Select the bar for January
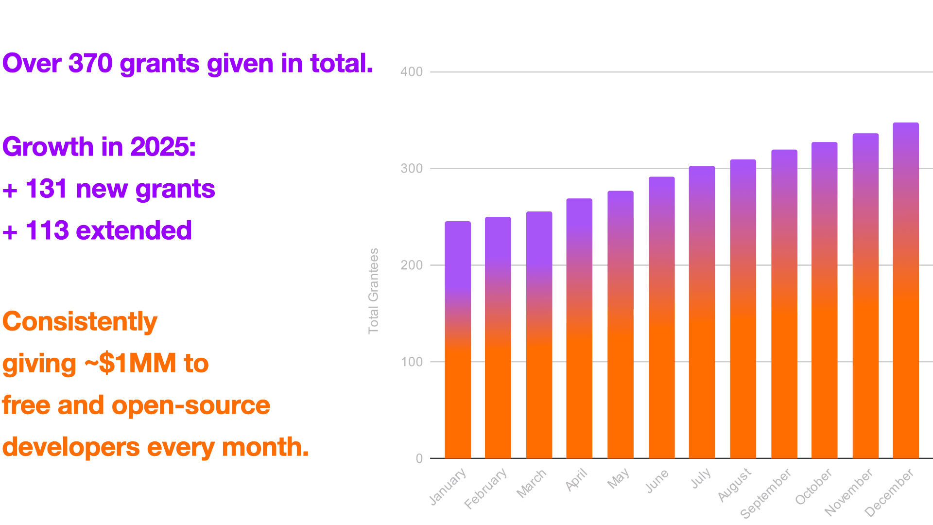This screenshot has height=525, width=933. click(458, 340)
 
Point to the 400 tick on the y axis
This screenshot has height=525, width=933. click(412, 72)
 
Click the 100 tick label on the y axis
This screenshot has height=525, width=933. click(412, 362)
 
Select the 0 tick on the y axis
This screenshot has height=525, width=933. click(419, 459)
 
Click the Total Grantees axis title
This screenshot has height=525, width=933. click(373, 291)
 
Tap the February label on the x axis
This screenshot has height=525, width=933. click(485, 489)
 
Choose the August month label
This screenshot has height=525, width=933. click(735, 485)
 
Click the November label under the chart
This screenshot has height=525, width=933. click(848, 492)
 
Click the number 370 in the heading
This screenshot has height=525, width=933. click(90, 63)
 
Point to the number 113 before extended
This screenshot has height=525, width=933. click(47, 230)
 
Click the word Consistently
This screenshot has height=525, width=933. click(80, 322)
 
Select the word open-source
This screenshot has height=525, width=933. click(190, 405)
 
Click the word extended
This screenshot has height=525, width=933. click(134, 230)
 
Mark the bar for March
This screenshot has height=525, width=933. click(539, 335)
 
